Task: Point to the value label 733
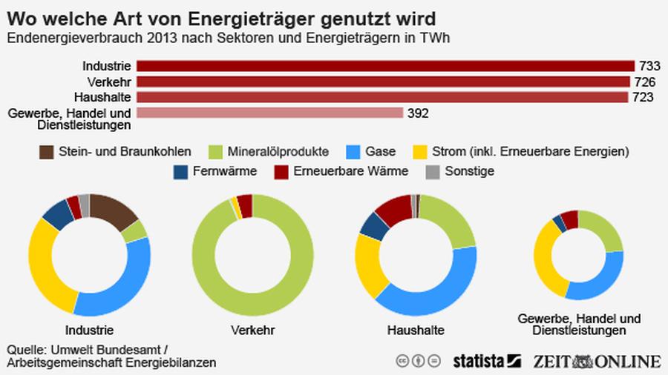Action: (x=647, y=66)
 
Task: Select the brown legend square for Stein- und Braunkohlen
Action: (x=46, y=151)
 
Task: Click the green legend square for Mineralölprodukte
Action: (x=215, y=151)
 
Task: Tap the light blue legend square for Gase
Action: (x=354, y=151)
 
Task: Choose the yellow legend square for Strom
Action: (x=421, y=151)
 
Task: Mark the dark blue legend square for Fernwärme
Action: (x=180, y=171)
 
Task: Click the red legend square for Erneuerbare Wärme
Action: (x=281, y=171)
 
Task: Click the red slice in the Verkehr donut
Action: (x=245, y=206)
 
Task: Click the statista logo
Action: (x=487, y=361)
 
